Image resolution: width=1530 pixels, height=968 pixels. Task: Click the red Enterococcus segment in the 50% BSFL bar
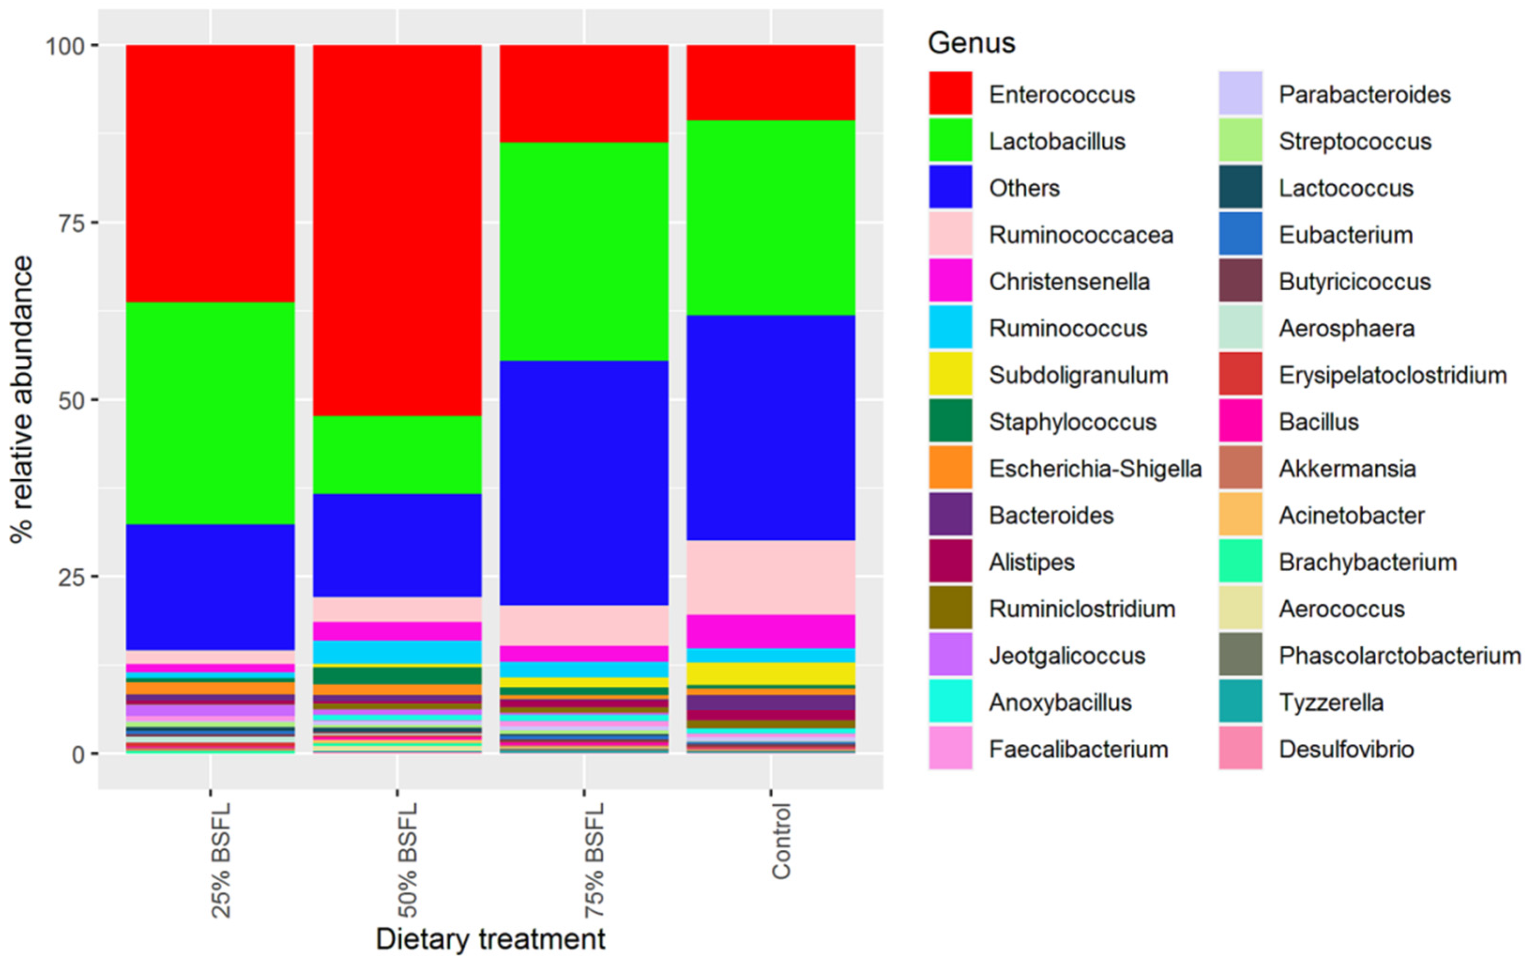coord(397,229)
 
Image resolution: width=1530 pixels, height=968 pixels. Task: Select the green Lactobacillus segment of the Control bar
coord(771,217)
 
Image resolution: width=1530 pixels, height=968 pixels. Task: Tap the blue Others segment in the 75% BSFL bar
coord(584,483)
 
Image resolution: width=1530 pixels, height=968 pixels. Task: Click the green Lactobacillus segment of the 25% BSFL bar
coord(210,413)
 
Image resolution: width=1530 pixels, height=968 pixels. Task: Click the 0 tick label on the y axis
coord(78,754)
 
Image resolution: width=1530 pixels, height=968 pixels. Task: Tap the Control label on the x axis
coord(781,841)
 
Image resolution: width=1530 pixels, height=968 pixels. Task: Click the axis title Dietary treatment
coord(490,939)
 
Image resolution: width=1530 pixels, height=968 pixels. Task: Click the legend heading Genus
coord(971,43)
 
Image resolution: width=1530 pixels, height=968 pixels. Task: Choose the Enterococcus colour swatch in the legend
coord(950,93)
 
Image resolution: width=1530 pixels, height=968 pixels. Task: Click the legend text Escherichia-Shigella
coord(1095,469)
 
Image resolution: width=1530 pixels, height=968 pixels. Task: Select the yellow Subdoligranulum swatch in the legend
coord(950,374)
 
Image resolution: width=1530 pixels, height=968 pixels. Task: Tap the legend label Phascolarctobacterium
coord(1400,656)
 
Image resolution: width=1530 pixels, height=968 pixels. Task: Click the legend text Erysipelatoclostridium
coord(1393,375)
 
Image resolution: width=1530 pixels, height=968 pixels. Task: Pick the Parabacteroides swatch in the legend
coord(1240,93)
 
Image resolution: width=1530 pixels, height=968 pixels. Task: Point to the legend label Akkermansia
coord(1347,469)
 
